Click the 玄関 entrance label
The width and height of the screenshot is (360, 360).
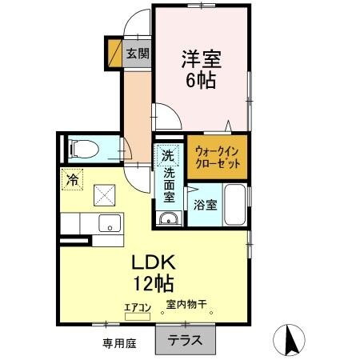[137, 54]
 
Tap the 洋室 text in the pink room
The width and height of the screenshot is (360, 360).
[201, 58]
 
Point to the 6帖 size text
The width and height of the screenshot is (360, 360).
[201, 80]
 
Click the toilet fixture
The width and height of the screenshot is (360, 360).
[82, 147]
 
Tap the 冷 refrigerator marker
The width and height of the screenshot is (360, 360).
[72, 180]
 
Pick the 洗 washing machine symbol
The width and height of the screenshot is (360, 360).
[167, 154]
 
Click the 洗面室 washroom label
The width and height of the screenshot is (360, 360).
[170, 184]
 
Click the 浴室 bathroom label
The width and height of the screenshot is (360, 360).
[201, 205]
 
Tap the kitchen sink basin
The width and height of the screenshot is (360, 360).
[107, 223]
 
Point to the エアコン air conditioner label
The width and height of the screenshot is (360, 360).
[138, 306]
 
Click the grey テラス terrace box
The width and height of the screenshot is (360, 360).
[185, 338]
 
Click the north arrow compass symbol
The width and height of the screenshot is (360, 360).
[290, 342]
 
